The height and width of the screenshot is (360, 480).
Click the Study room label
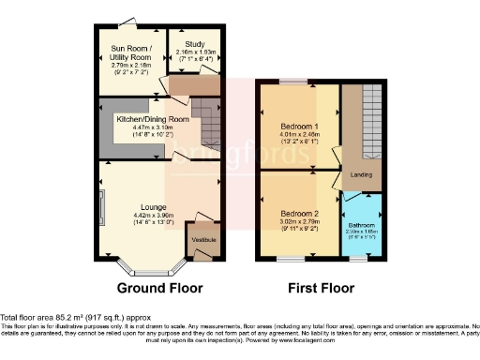pos(195,43)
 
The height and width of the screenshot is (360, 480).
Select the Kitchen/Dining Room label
pos(153,120)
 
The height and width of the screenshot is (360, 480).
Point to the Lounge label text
pos(154,206)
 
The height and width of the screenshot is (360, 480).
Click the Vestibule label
pos(204,241)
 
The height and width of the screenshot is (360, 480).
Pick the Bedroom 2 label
pos(299,213)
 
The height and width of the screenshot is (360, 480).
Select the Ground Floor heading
pos(156,287)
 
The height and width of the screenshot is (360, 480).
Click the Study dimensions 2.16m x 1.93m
pos(195,52)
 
